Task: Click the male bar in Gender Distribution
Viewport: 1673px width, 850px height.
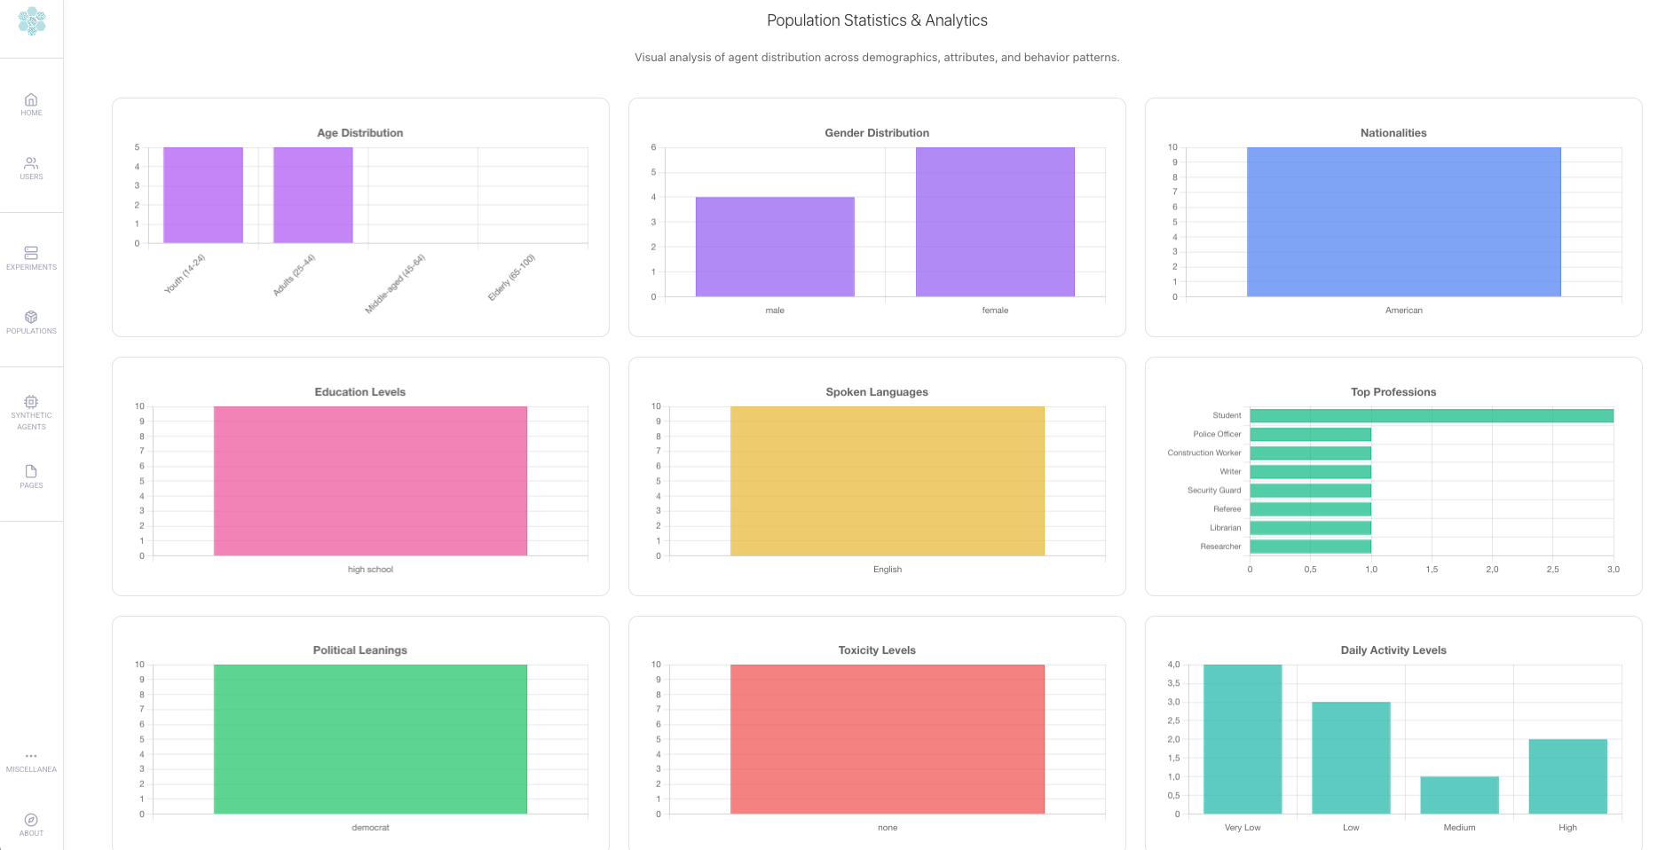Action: pos(775,247)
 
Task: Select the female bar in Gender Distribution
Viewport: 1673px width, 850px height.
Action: pos(995,222)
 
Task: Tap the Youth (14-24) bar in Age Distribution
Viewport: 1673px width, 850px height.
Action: pos(203,195)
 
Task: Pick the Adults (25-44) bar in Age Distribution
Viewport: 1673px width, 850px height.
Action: pos(313,195)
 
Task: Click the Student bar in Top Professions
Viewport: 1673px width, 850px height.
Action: pos(1431,416)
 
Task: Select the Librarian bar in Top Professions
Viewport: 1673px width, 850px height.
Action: pos(1310,528)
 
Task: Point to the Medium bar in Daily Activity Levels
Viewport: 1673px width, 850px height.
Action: pos(1459,795)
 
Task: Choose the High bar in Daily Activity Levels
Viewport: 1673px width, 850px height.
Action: pos(1567,776)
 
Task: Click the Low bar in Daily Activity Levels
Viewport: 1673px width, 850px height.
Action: pos(1351,758)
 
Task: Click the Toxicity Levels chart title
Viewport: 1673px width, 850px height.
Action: pos(877,650)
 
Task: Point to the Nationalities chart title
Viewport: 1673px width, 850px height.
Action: pos(1393,133)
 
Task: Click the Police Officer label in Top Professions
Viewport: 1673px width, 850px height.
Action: pos(1217,435)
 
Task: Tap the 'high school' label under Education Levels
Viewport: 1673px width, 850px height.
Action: pos(370,570)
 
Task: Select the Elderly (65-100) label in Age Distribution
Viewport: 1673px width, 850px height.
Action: pos(512,277)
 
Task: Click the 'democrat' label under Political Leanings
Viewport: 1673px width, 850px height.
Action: pos(370,828)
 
